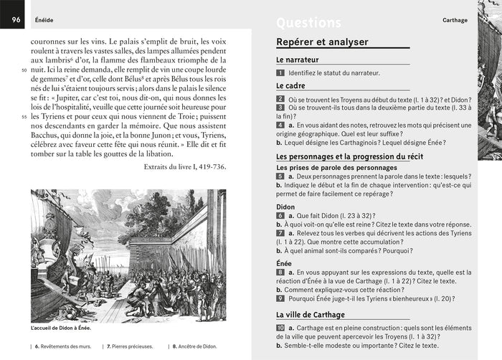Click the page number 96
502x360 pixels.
click(x=14, y=20)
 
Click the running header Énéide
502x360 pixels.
click(x=44, y=21)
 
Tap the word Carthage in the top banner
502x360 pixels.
click(x=455, y=21)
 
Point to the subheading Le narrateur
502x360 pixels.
click(x=298, y=60)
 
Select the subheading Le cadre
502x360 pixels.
click(x=290, y=86)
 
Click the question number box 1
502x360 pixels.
click(x=280, y=73)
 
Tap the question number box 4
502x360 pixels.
click(x=280, y=125)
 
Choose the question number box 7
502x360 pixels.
click(x=280, y=233)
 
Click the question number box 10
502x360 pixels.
click(x=281, y=327)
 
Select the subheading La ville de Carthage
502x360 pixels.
click(x=311, y=315)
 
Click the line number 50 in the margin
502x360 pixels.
click(x=24, y=70)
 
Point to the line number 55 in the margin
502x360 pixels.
click(x=24, y=117)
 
